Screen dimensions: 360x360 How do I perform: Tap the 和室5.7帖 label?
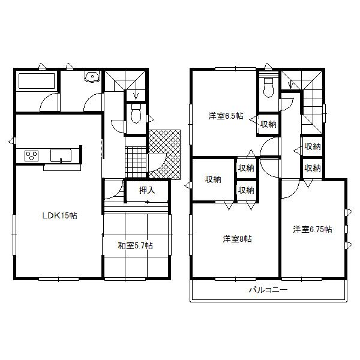tap(134, 245)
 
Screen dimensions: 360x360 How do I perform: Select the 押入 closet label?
tap(147, 191)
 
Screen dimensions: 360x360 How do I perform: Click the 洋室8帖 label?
tap(237, 239)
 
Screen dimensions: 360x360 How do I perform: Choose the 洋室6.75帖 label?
tap(313, 229)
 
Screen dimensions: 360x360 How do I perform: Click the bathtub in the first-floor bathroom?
tap(36, 81)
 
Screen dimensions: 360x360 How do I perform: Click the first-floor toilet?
tap(136, 112)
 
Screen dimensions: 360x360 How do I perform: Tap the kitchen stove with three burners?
tap(32, 156)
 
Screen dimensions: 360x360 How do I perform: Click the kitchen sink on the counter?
tap(62, 156)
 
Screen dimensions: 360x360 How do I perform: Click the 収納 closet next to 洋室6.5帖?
tap(268, 124)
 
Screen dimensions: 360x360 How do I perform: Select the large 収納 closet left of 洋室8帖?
tap(212, 179)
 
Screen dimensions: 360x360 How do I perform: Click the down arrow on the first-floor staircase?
tap(136, 93)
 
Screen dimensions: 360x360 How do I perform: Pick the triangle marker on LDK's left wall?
tap(11, 142)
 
